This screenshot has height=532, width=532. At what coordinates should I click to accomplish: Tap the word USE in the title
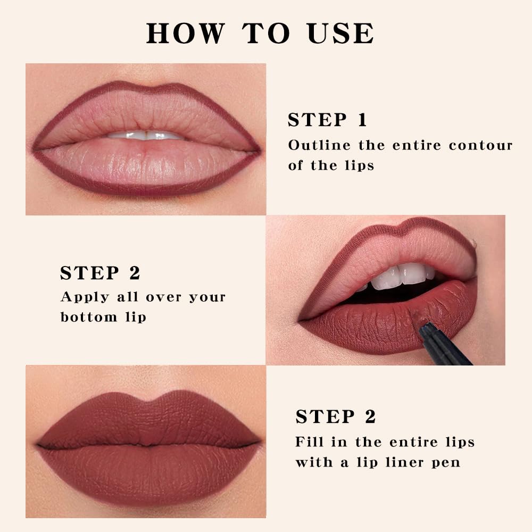(x=340, y=33)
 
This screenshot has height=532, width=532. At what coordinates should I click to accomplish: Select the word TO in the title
(x=266, y=33)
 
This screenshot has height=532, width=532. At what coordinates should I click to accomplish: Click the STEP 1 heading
(x=327, y=120)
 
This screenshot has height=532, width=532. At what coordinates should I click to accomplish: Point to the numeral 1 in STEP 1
(x=362, y=120)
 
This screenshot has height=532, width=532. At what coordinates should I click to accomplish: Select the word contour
(x=480, y=145)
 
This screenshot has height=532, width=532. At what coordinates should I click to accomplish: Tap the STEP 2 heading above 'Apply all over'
(x=100, y=273)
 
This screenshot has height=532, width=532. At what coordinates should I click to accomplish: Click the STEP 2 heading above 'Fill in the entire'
(x=336, y=417)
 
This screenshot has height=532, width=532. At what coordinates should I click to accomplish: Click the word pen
(x=446, y=463)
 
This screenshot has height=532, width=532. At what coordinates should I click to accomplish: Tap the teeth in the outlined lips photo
(x=145, y=135)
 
